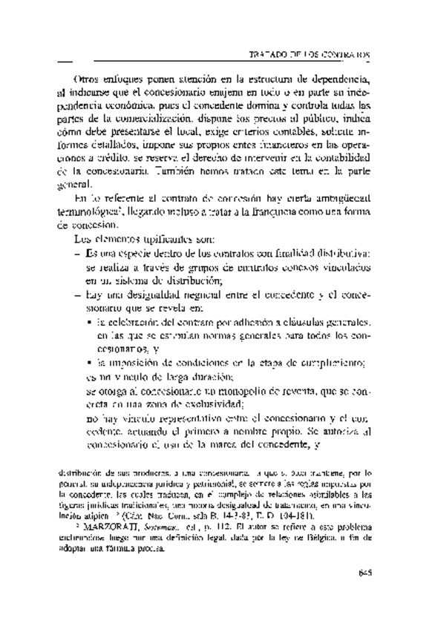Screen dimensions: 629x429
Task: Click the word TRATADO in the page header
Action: tap(274, 56)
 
